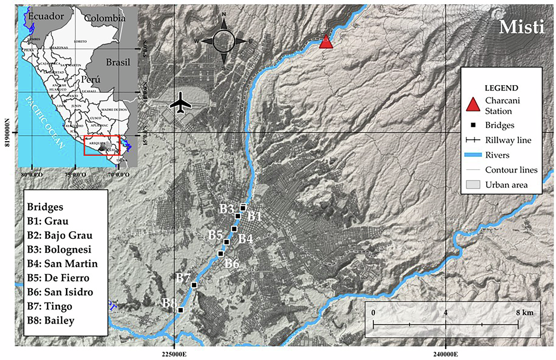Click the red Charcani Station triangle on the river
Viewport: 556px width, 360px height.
326,42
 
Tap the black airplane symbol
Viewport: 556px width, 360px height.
181,103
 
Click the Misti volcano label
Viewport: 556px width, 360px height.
521,27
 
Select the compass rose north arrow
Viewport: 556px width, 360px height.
224,23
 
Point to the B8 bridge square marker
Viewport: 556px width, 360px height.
181,310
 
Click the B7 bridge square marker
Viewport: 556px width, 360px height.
194,285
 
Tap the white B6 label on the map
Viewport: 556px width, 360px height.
232,264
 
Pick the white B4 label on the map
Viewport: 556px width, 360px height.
246,239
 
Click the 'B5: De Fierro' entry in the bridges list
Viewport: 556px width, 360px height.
58,278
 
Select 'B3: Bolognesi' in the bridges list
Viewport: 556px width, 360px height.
59,249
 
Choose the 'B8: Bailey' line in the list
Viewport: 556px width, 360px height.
51,320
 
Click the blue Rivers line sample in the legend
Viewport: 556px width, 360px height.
473,155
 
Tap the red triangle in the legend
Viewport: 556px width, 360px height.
473,105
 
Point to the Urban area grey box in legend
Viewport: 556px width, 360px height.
473,185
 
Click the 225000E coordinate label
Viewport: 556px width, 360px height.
174,354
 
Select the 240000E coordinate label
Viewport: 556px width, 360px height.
445,354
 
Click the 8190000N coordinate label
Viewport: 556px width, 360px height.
7,132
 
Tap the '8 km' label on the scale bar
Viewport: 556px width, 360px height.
524,313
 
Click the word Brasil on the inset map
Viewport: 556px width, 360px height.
118,62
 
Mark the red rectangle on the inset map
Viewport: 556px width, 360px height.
102,145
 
